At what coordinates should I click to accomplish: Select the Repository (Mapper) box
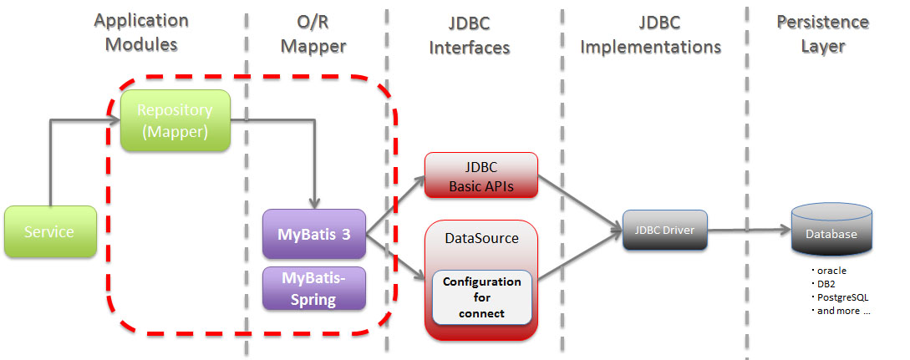coord(175,120)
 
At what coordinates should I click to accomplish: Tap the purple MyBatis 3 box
coord(314,234)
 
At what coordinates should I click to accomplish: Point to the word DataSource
coord(480,238)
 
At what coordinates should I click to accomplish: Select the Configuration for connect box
coord(481,297)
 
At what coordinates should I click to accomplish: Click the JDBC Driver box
coord(665,229)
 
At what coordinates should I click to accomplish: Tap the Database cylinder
coord(831,233)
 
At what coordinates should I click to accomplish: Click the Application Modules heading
coord(141,33)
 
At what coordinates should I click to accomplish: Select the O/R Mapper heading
coord(313,33)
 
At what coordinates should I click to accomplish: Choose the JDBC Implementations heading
coord(650,34)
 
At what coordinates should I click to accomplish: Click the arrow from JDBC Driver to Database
coord(748,228)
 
